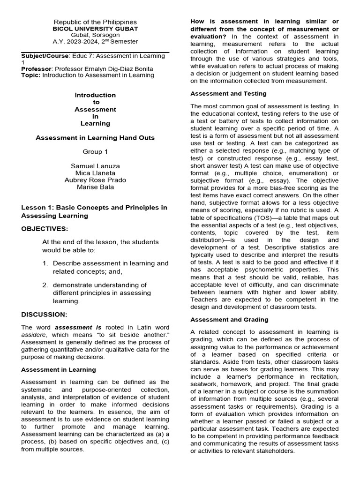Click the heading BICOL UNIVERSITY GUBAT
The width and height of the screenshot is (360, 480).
95,29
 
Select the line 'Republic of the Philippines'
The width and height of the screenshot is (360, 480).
95,22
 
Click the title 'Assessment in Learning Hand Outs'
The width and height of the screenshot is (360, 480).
95,138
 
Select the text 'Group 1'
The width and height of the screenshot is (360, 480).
95,152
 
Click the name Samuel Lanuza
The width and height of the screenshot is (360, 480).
95,166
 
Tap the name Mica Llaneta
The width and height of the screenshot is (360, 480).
95,173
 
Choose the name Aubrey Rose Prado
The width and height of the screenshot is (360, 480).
95,180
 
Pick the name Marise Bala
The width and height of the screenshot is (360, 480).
95,187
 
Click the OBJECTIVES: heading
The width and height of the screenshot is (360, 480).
45,229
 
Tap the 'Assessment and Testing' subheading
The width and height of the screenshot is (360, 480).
228,94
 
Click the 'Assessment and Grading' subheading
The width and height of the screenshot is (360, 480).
229,320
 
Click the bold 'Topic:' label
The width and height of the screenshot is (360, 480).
30,75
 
